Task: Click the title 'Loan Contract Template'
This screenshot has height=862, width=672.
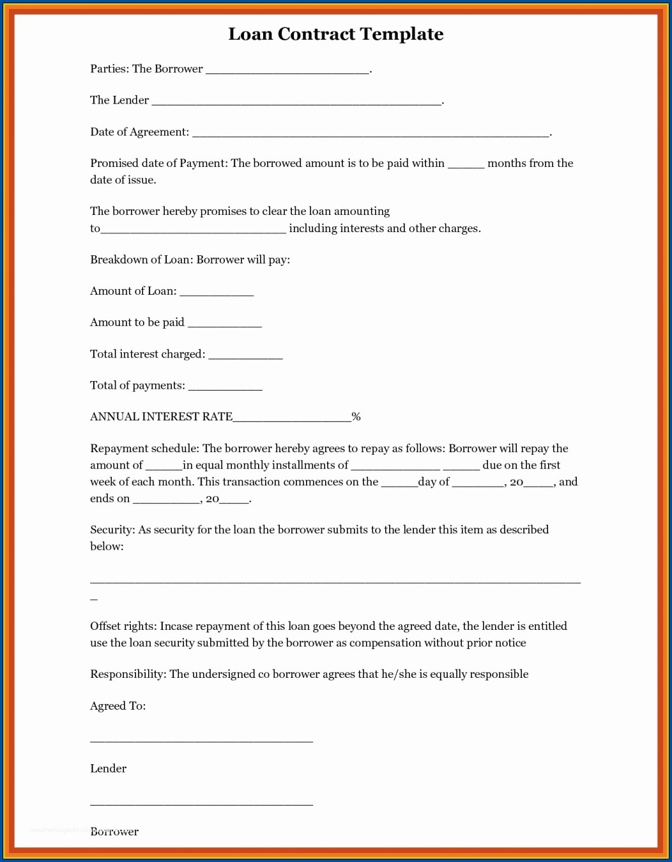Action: pyautogui.click(x=336, y=34)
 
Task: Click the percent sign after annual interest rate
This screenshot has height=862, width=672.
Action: pyautogui.click(x=356, y=417)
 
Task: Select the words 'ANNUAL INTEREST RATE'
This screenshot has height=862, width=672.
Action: pyautogui.click(x=161, y=417)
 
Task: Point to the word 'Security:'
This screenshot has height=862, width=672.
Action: pyautogui.click(x=112, y=529)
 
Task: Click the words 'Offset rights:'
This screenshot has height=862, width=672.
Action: pyautogui.click(x=123, y=626)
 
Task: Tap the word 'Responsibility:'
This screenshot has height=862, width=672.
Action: pyautogui.click(x=128, y=674)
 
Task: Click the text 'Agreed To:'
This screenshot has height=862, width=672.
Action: pyautogui.click(x=118, y=706)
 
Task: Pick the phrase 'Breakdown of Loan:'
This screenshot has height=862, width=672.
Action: pyautogui.click(x=141, y=260)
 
